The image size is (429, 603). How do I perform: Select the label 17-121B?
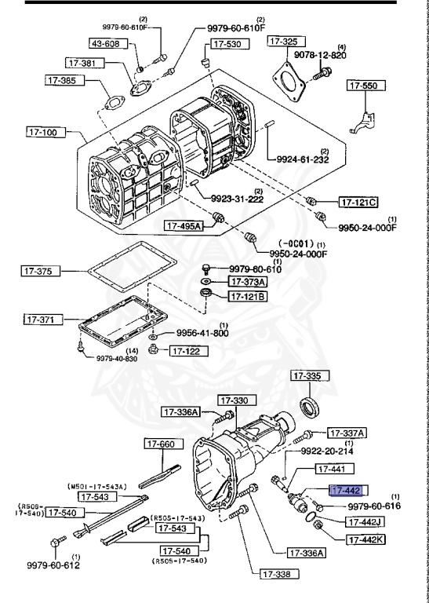(x=248, y=296)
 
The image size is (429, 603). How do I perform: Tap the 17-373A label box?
(x=248, y=281)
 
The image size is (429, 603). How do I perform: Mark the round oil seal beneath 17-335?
(x=311, y=407)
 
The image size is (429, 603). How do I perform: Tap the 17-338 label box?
(x=280, y=574)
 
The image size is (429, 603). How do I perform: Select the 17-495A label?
(x=183, y=226)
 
